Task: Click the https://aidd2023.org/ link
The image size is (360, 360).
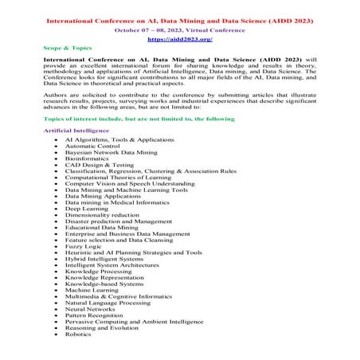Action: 179,37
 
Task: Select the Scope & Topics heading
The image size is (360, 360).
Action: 68,49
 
